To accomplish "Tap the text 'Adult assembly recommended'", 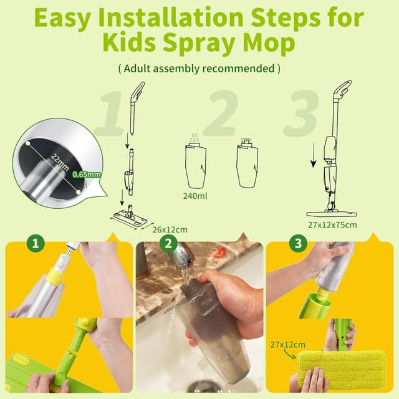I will coord(199,67).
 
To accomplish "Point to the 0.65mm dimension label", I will coord(86,175).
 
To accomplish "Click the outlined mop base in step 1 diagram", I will coord(132,216).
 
